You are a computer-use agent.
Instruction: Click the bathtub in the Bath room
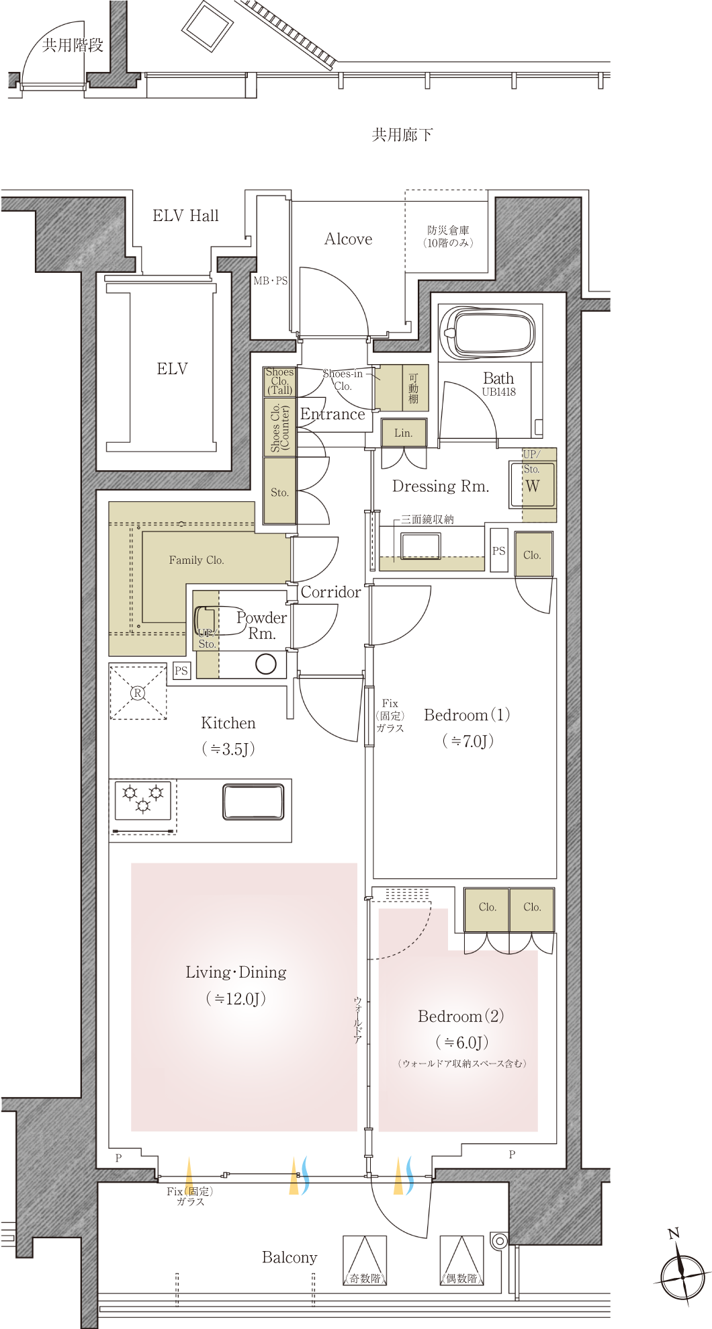point(488,332)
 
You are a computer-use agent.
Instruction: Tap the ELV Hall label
point(185,216)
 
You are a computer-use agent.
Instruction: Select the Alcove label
point(348,239)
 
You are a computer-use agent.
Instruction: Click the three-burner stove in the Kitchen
point(143,800)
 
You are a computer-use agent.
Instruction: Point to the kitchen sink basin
point(253,803)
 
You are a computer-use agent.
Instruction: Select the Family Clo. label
point(196,560)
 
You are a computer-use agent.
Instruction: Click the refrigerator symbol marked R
point(138,693)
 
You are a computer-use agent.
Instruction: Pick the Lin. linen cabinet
point(403,433)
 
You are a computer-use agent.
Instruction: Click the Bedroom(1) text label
point(467,715)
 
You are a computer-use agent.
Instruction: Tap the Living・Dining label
point(236,972)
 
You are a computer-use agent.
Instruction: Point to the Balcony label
point(290,1258)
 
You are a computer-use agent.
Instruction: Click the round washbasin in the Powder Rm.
point(266,664)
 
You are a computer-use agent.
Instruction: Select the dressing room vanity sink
point(420,546)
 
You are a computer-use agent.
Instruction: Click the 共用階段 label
point(73,45)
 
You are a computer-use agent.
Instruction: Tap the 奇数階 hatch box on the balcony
point(365,1260)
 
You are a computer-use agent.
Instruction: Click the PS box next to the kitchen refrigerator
point(181,671)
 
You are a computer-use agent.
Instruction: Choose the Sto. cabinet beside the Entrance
point(279,490)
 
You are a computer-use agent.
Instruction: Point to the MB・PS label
point(271,281)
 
